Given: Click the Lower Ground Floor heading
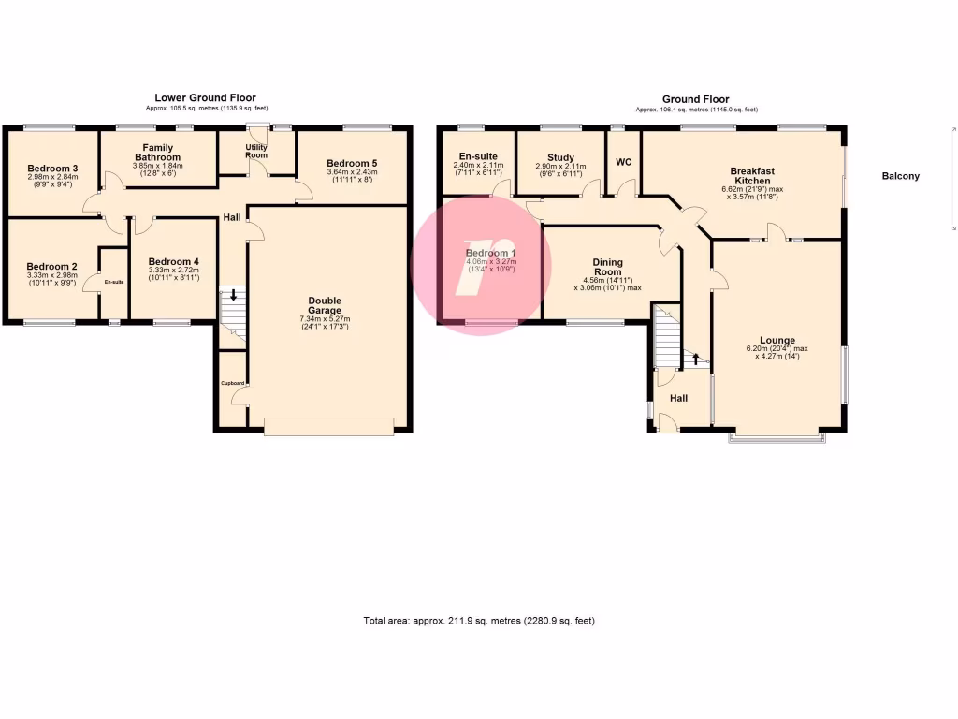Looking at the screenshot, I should coord(205,97).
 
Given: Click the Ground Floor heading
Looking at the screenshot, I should coord(695,99).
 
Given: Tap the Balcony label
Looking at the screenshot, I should coord(900,176).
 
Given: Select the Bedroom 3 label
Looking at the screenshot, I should coord(52,168).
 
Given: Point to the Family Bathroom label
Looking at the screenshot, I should coord(156,153).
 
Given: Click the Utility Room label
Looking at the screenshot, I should coord(256,151).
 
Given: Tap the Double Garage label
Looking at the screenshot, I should coord(325,306).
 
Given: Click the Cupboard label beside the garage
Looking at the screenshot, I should coord(232,383).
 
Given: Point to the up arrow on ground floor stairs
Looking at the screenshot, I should coord(695,359).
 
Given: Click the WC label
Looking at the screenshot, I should coord(623,162).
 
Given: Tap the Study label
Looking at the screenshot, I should coord(560,158).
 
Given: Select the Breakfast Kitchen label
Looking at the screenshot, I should coord(752,176).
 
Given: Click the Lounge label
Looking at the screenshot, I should coord(777,341).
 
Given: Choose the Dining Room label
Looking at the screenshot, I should coord(607,267).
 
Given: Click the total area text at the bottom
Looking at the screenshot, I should coord(478,621).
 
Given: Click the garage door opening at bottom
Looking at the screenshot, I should coord(328,427).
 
